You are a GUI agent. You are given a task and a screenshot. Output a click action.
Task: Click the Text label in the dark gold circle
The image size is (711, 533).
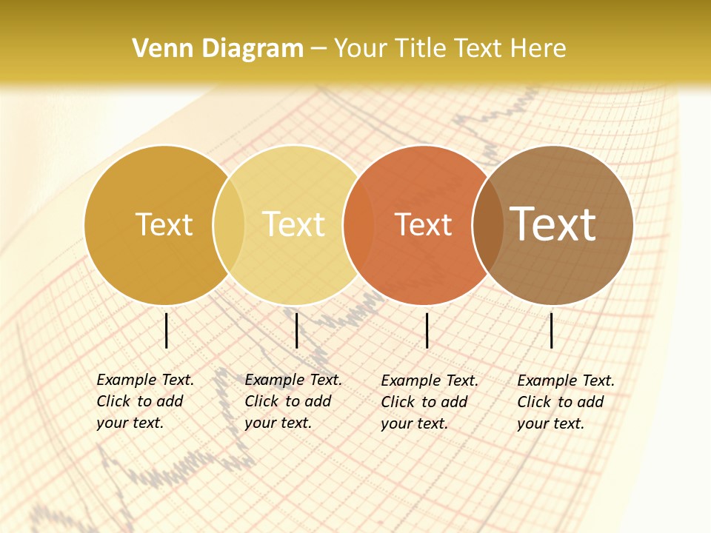(x=164, y=224)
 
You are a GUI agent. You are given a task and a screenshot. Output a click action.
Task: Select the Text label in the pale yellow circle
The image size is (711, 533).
(x=294, y=224)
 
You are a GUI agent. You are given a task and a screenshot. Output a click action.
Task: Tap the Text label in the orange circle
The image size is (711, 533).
(x=424, y=224)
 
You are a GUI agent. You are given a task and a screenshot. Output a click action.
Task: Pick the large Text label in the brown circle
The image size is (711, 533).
(x=554, y=224)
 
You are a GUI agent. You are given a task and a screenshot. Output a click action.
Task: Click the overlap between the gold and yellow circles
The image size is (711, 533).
(x=229, y=225)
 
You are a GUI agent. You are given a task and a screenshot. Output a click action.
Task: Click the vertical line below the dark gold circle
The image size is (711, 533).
(x=167, y=330)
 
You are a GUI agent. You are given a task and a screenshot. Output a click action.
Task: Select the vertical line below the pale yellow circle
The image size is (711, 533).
(x=296, y=330)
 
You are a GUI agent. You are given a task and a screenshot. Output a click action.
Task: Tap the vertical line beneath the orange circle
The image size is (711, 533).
(x=427, y=330)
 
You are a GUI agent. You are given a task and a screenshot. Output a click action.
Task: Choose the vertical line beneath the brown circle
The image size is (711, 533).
(x=552, y=330)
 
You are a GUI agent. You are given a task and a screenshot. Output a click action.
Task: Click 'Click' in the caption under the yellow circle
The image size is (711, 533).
(x=261, y=401)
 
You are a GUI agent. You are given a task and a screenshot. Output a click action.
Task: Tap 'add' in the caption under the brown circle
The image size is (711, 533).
(x=590, y=402)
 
